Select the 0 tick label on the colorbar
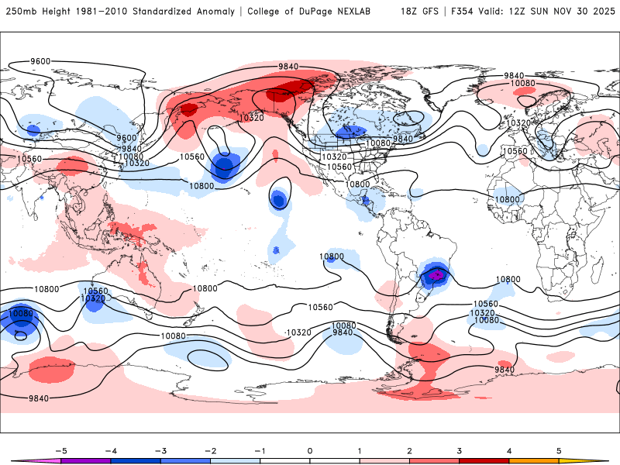[x=310, y=450]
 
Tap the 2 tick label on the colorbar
[x=410, y=450]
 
